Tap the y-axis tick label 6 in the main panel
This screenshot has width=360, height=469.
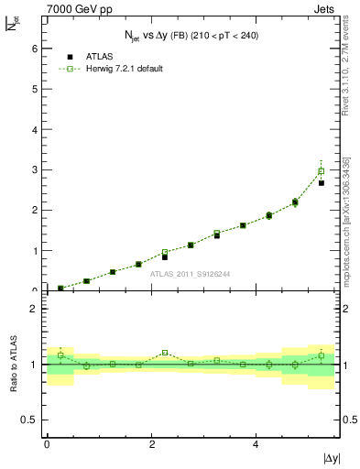coord(35,48)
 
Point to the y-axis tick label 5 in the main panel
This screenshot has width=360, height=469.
coord(35,88)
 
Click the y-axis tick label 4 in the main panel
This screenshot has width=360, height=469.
coord(35,129)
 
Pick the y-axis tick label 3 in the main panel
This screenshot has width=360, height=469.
coord(35,169)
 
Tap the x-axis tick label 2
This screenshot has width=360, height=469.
coord(151,443)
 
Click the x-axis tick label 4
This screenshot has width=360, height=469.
coord(256,443)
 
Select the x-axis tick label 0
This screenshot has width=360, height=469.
coord(47,443)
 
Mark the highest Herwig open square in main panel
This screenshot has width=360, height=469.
coord(321,170)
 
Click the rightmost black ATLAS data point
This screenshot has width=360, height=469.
coord(322,183)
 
